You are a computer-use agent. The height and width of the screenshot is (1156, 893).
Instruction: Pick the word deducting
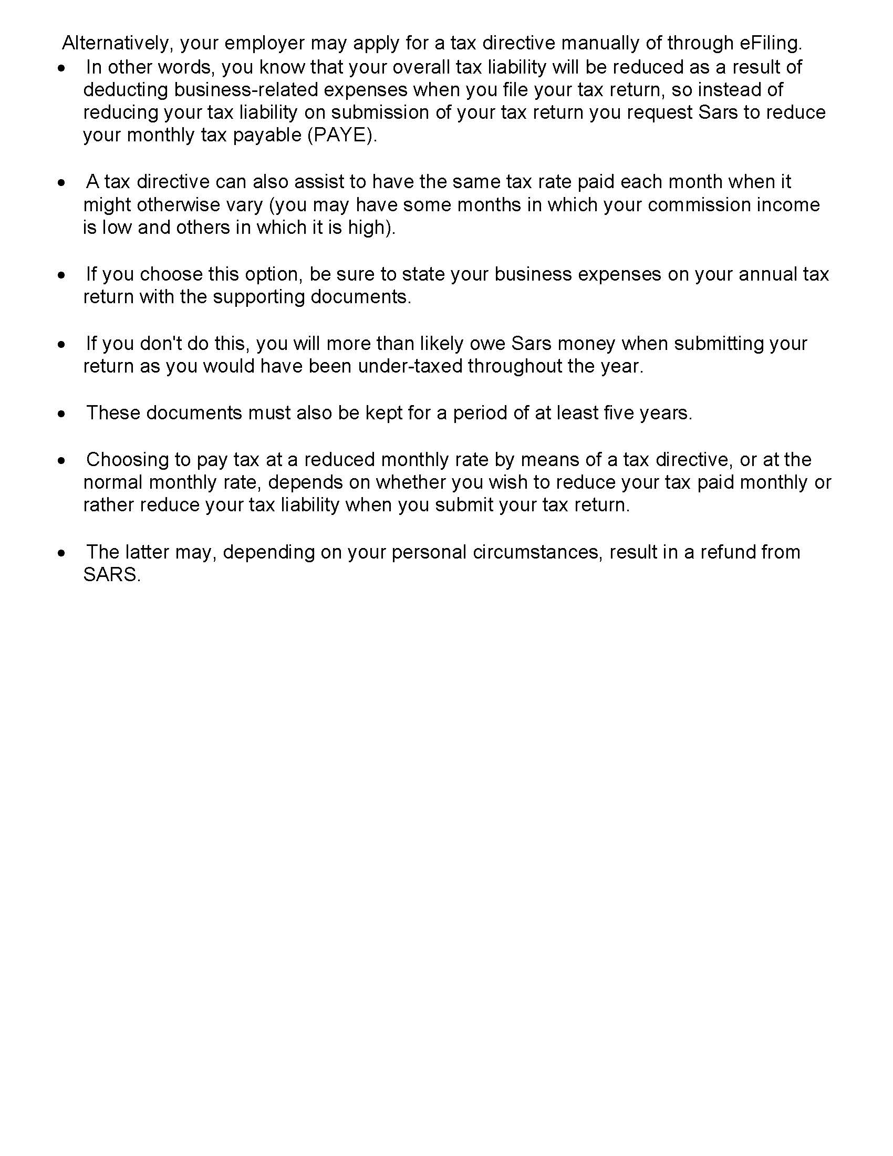tap(126, 90)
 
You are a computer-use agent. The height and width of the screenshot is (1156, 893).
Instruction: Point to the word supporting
tap(258, 297)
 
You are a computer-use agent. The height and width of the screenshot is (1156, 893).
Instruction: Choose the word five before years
tap(619, 413)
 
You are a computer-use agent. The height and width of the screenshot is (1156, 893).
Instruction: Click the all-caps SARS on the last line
tap(111, 575)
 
